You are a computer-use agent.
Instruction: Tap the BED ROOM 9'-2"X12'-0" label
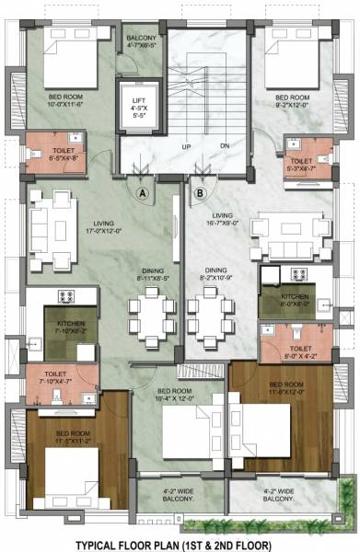tap(292, 100)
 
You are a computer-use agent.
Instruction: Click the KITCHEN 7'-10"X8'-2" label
tap(70, 328)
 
